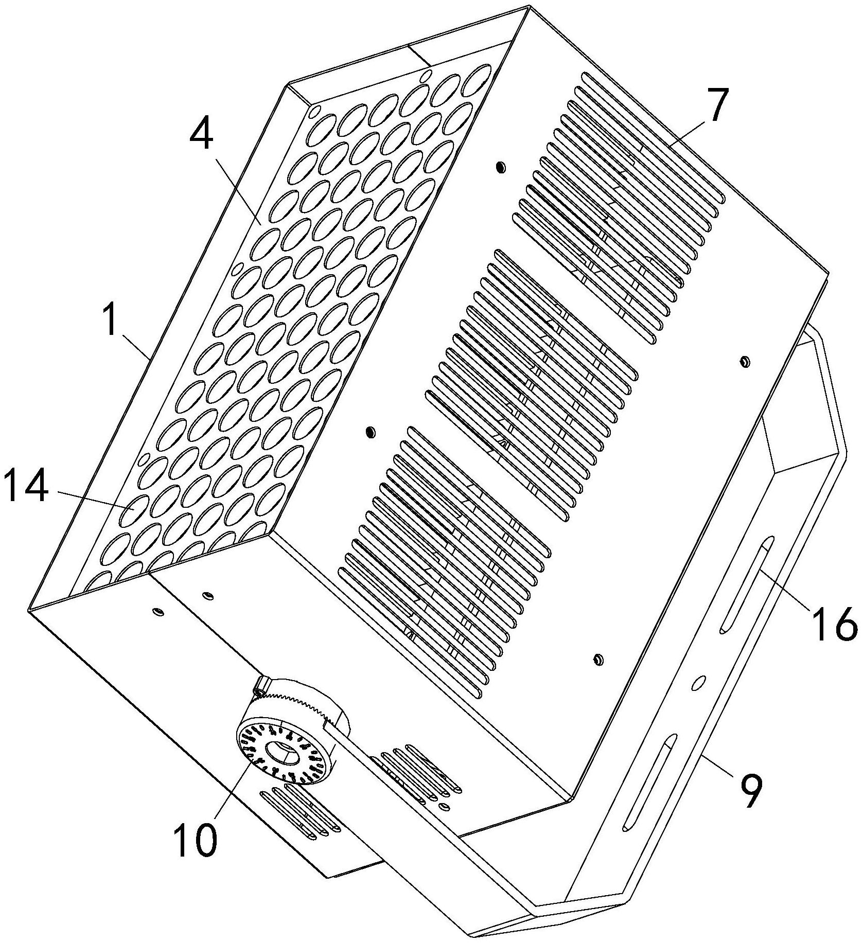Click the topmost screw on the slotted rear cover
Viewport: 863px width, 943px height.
pos(499,167)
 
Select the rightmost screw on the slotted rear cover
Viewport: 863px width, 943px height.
pos(743,362)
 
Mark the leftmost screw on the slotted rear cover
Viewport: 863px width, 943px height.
pos(369,431)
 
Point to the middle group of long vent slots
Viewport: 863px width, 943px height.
pos(530,381)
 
